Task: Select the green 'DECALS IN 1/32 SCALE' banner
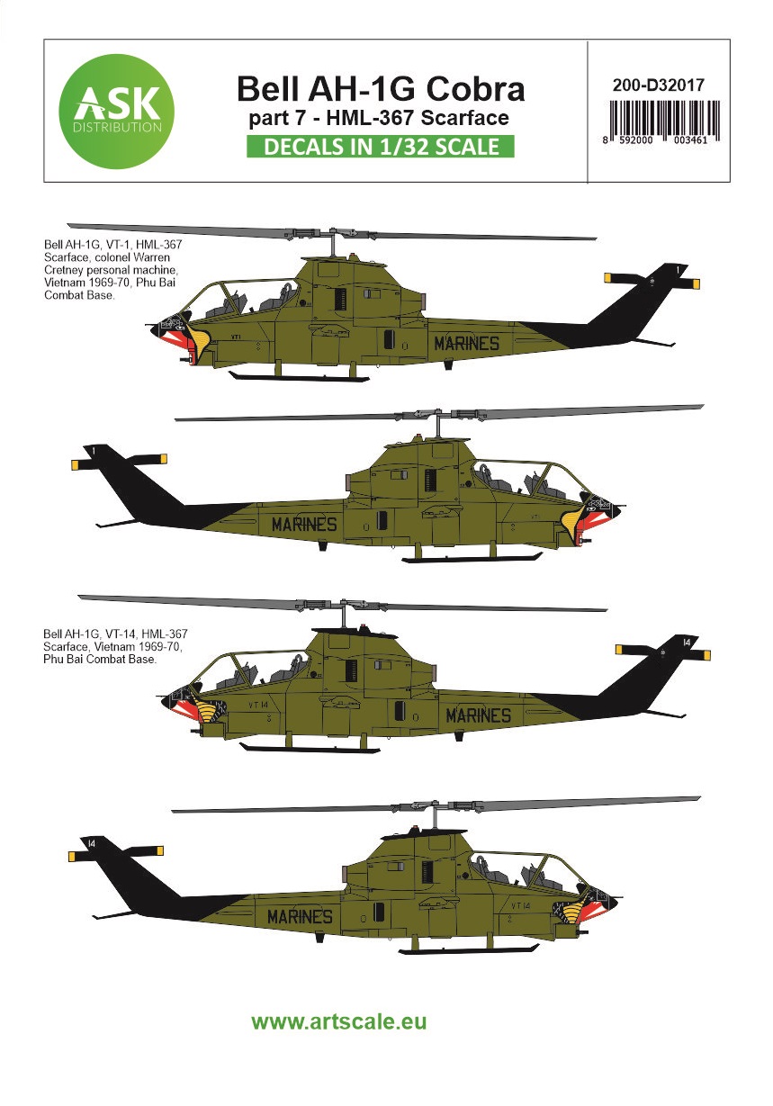(380, 147)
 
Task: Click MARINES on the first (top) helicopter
(466, 343)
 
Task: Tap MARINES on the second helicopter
(303, 525)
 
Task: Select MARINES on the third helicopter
(478, 715)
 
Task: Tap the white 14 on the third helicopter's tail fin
(686, 643)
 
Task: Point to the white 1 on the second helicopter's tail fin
(94, 448)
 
